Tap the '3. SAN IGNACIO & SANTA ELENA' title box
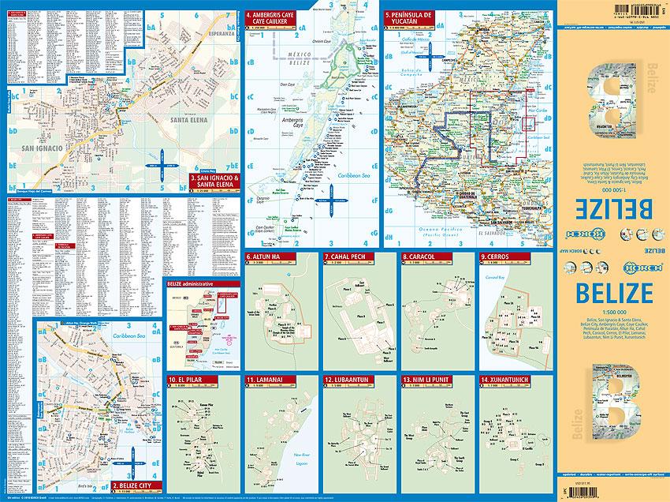pos(214,183)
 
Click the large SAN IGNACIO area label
pos(39,148)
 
